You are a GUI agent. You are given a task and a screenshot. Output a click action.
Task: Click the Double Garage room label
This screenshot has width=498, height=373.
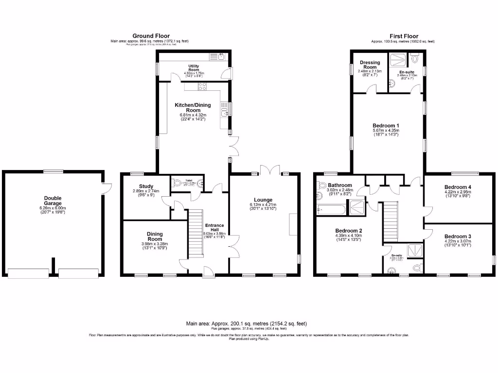[53, 201]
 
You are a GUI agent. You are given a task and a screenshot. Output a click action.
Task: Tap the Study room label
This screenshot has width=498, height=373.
[146, 186]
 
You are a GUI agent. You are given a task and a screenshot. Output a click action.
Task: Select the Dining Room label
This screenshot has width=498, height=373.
[155, 236]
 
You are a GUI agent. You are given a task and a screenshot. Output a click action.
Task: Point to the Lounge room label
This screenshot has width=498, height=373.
[263, 200]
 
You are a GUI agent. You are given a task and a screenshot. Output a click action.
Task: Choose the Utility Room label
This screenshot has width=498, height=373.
[194, 68]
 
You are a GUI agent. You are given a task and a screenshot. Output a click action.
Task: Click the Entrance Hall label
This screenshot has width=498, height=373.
[214, 228]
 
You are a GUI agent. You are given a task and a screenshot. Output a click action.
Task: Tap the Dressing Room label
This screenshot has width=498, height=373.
[370, 65]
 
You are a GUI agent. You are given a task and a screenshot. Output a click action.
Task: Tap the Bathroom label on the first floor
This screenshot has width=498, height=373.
[339, 185]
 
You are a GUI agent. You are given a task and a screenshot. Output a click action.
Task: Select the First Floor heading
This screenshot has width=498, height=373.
[403, 36]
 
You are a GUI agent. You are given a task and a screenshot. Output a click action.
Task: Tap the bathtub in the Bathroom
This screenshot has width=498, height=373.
[331, 210]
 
